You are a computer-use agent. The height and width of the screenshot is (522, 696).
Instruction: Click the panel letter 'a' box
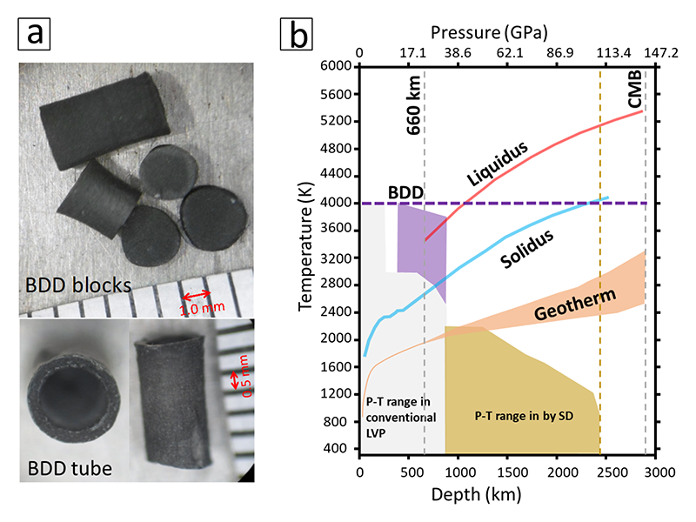[34, 35]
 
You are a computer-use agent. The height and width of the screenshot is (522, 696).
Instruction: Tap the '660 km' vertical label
[414, 104]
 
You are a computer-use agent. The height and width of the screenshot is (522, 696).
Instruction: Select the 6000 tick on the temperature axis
[335, 66]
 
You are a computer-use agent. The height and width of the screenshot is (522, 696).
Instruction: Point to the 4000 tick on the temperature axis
[335, 203]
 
